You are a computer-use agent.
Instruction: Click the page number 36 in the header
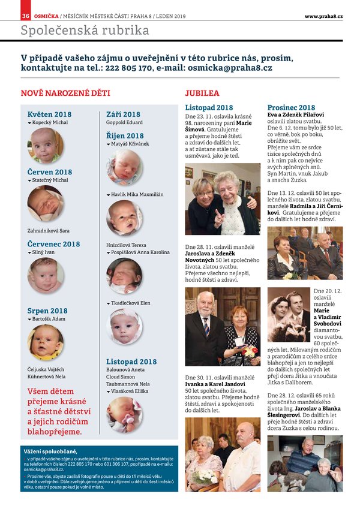pyautogui.click(x=26, y=16)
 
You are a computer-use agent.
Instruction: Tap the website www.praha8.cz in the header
pyautogui.click(x=323, y=16)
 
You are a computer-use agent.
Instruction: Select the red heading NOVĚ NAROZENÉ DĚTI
pyautogui.click(x=65, y=94)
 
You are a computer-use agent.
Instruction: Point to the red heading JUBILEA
pyautogui.click(x=202, y=94)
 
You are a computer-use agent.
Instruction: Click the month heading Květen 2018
pyautogui.click(x=49, y=114)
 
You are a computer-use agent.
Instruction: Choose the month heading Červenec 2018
pyautogui.click(x=53, y=244)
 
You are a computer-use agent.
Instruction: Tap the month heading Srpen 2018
pyautogui.click(x=47, y=311)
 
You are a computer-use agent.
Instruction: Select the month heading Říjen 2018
pyautogui.click(x=125, y=136)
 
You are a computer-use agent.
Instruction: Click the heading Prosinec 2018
pyautogui.click(x=291, y=107)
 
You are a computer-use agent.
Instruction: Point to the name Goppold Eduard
pyautogui.click(x=124, y=122)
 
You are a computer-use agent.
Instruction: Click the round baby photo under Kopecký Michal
pyautogui.click(x=46, y=145)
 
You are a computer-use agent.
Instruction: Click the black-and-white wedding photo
pyautogui.click(x=288, y=314)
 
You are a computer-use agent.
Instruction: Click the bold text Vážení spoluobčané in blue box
pyautogui.click(x=51, y=451)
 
